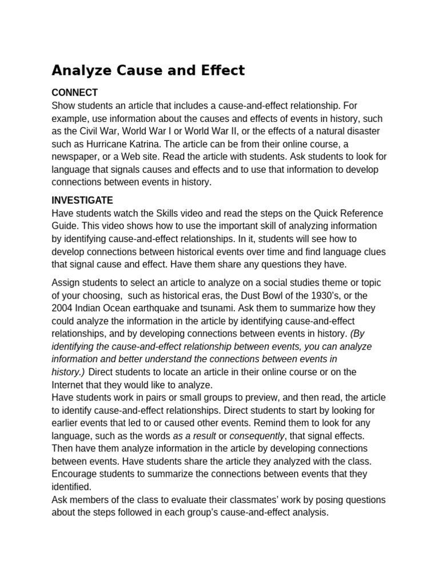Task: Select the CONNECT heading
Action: (x=74, y=93)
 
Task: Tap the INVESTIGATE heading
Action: (x=82, y=200)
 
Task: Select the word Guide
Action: (x=64, y=226)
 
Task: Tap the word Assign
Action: (x=66, y=283)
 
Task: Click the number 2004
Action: (x=63, y=308)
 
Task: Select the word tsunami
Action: (x=229, y=308)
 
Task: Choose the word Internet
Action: (x=69, y=385)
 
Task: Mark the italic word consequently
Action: (x=256, y=435)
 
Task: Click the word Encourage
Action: (x=74, y=474)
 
